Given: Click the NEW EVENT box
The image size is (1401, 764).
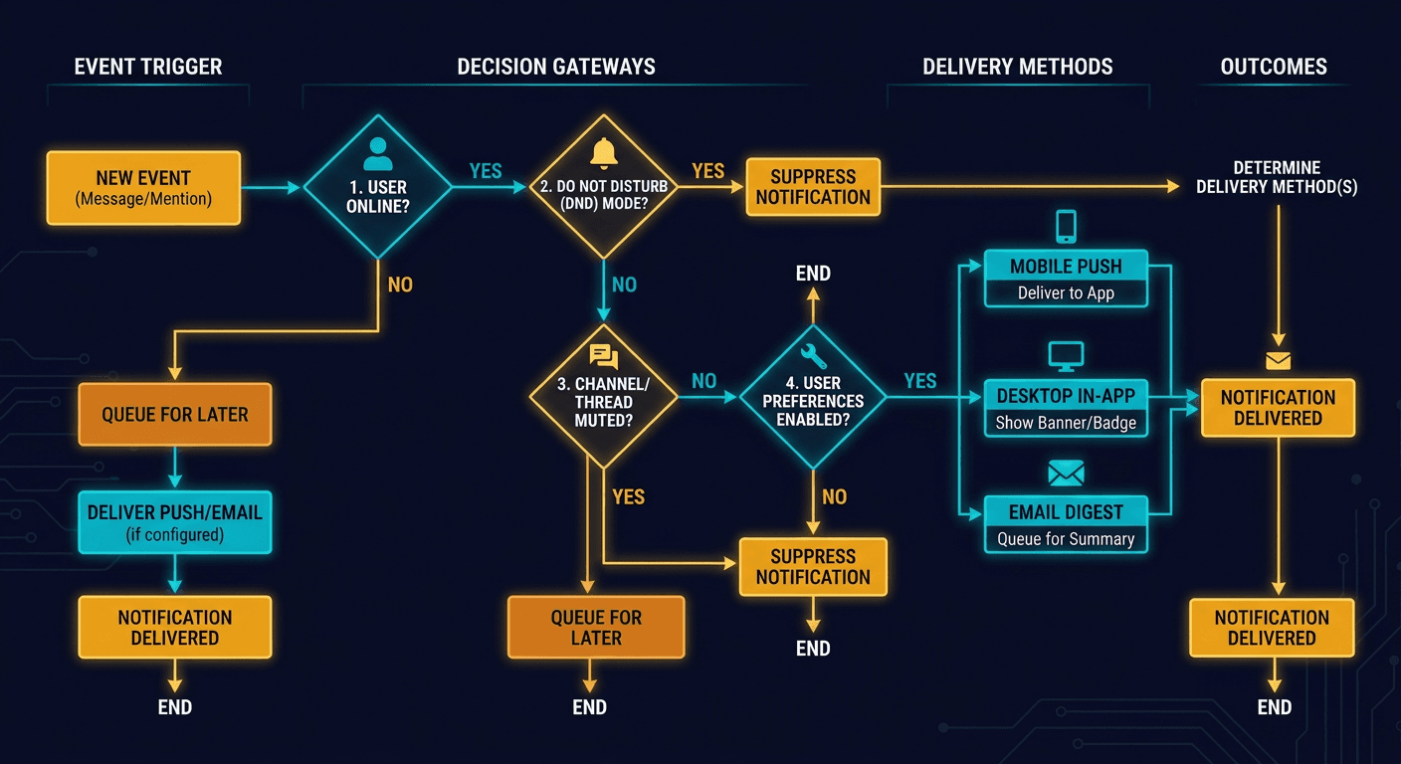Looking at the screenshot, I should [x=143, y=187].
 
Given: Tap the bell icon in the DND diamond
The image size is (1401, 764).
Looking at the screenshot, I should [x=604, y=152].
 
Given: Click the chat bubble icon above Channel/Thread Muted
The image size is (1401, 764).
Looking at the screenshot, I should [x=603, y=357].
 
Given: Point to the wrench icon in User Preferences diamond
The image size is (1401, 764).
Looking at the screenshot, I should [x=813, y=354].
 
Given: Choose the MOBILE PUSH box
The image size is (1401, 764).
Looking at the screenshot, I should [x=1066, y=279].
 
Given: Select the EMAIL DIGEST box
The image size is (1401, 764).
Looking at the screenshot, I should [x=1066, y=524].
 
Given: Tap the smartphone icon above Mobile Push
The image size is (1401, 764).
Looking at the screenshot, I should [x=1066, y=226].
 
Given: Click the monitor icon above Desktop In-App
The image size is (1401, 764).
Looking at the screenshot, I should [x=1066, y=355].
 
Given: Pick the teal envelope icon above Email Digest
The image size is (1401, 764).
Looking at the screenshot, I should [x=1066, y=474].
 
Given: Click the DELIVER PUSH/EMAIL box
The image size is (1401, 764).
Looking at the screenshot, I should [x=175, y=522].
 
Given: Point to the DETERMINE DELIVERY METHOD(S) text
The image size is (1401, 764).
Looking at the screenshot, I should [x=1277, y=177].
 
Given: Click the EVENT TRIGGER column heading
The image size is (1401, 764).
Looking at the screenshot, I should [x=148, y=68].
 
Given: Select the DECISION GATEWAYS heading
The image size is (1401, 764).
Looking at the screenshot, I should [x=556, y=68].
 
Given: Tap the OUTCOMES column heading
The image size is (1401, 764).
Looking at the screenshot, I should [x=1274, y=68].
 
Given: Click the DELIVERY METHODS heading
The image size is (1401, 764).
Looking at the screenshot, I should [x=1017, y=68].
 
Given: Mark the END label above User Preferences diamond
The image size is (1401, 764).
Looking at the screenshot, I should [x=813, y=274].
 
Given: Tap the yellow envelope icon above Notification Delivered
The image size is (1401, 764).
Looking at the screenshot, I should [x=1278, y=361].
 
